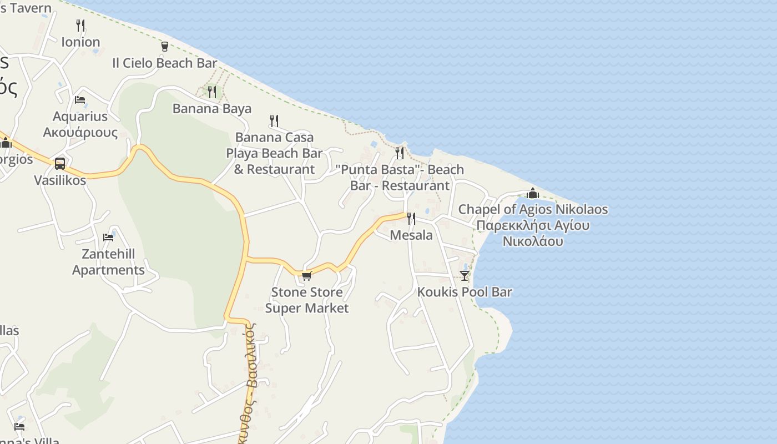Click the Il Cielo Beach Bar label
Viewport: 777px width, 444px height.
pos(164,63)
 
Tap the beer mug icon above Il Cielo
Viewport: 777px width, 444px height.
pos(165,47)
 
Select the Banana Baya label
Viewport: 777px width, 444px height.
pos(212,108)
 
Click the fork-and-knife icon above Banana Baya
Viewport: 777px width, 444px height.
pos(212,92)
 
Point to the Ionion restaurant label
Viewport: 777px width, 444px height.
pos(80,42)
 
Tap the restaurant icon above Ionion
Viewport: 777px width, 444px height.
pos(80,26)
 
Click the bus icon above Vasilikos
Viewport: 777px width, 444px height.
pos(60,164)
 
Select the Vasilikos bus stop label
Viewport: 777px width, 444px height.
pos(60,180)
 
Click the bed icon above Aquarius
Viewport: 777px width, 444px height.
pos(80,100)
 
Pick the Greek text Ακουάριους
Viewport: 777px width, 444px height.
pos(80,133)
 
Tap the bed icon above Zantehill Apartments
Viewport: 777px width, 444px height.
pos(108,238)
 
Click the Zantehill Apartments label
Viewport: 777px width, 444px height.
pos(108,262)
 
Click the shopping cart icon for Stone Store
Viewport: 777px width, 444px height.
pos(306,275)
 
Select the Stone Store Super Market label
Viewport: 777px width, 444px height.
pos(306,300)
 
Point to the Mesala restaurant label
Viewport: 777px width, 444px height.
pos(411,235)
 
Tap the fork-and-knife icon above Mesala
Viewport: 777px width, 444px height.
pos(411,219)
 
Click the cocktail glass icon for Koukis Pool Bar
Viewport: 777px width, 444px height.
pos(465,275)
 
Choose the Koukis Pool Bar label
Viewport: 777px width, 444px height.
pos(465,292)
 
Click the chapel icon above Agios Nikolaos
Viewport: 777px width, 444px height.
pos(533,193)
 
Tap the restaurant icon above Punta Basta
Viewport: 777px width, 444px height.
pos(400,153)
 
